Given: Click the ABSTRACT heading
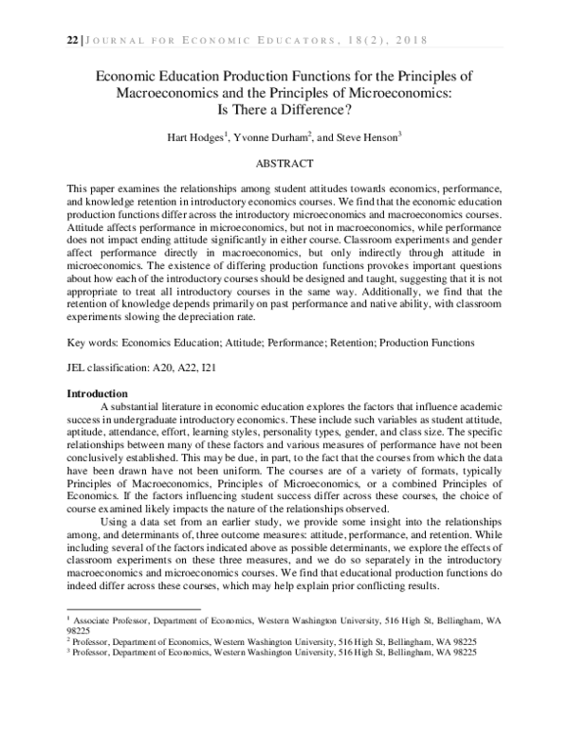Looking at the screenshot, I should [x=285, y=163].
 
